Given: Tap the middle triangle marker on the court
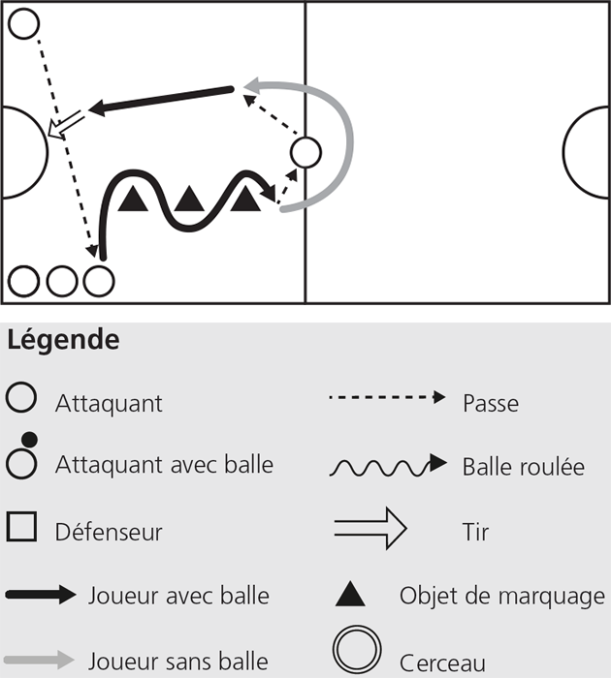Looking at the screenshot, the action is pyautogui.click(x=189, y=199).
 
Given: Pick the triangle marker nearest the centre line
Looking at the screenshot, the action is pyautogui.click(x=245, y=199).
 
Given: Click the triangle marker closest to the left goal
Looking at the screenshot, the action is pyautogui.click(x=133, y=199).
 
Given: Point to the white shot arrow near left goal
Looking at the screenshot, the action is pyautogui.click(x=65, y=125).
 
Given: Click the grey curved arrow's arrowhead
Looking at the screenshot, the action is pyautogui.click(x=251, y=85).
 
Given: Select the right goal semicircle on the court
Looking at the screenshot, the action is pyautogui.click(x=564, y=152).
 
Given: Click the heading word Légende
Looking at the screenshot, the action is pyautogui.click(x=63, y=340).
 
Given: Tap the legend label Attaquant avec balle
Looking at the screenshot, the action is pyautogui.click(x=165, y=465).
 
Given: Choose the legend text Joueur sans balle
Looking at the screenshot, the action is pyautogui.click(x=178, y=662).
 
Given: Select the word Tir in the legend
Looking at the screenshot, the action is pyautogui.click(x=475, y=532).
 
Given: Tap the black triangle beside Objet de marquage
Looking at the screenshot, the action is pyautogui.click(x=350, y=595).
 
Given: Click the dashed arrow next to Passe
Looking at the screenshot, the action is pyautogui.click(x=387, y=397).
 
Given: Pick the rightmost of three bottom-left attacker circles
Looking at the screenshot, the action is pyautogui.click(x=99, y=281).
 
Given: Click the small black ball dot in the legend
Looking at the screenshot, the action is pyautogui.click(x=29, y=440).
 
